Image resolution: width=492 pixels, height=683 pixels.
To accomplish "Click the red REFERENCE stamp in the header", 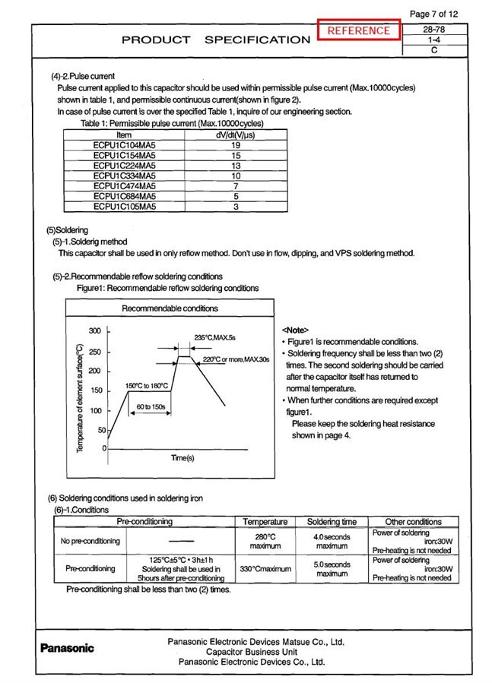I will pos(359,31).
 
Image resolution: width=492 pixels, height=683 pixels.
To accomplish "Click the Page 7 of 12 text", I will pos(433,14).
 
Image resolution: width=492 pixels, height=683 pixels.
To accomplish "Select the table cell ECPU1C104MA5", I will pos(124,144).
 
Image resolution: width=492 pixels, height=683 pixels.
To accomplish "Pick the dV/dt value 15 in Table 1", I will pos(236,154).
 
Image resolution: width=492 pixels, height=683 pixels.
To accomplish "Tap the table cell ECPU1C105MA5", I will pos(124,205).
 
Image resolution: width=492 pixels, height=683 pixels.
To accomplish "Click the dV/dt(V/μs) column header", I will pos(236,134).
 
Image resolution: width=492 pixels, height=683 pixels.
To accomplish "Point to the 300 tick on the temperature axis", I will pos(95,331).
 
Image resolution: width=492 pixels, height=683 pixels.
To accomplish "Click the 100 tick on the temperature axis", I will pos(95,411).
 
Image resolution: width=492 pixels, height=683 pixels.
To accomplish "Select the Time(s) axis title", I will pos(183,458).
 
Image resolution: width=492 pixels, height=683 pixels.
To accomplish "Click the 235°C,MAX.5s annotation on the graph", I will pos(215,337).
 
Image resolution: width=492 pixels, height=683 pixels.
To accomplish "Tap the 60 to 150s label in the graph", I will pos(151,407).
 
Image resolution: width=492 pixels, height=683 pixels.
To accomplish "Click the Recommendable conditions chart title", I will pos(170,308).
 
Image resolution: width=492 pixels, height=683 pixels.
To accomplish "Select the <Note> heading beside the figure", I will pos(295,330).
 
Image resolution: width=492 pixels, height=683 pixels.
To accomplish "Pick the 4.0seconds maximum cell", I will pos(332,542).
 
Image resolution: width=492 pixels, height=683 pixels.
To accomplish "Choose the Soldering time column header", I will pos(332,522).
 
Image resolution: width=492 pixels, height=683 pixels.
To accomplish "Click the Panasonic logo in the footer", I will pos(67,648).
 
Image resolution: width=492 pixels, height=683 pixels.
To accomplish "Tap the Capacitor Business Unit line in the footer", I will pos(256,652).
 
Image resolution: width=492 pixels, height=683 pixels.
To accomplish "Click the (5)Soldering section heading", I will pos(67,230).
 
